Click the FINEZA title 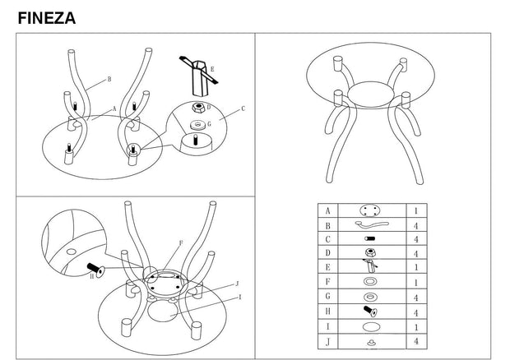coord(47,18)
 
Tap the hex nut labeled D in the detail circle coord(197,108)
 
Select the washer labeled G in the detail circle coord(197,125)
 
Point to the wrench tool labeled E coord(198,76)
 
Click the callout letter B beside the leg coord(109,79)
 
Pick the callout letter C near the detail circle coord(243,108)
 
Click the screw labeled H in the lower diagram coord(96,270)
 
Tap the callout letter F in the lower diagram coord(181,243)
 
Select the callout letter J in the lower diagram coord(237,284)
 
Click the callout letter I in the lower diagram coord(240,298)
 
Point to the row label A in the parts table coord(327,211)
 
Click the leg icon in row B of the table coord(372,225)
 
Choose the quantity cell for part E coord(416,267)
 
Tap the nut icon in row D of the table coord(369,252)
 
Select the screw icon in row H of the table coord(370,312)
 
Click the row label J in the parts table coord(327,342)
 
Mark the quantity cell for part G coord(416,297)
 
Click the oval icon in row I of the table coord(370,326)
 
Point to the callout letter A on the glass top coord(114,108)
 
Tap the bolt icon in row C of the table coord(370,238)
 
